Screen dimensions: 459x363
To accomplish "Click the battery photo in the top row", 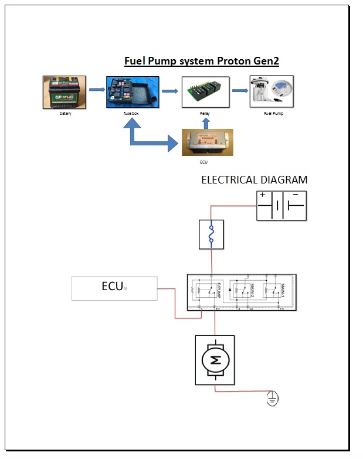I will tap(65, 92).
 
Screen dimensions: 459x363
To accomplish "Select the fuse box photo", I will tap(133, 91).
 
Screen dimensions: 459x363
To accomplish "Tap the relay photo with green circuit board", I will tap(205, 91).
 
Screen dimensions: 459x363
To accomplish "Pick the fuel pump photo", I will tap(272, 91).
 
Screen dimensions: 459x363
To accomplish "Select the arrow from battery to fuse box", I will tap(97, 90).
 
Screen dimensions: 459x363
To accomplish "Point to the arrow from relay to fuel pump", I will tap(239, 90).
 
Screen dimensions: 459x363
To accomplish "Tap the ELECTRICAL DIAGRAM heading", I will tap(254, 180).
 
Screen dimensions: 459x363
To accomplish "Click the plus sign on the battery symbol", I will tap(262, 195).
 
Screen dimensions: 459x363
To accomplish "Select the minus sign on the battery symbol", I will tap(296, 195).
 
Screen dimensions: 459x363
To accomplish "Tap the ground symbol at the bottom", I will tap(272, 399).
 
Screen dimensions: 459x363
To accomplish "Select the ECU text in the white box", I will tap(111, 287).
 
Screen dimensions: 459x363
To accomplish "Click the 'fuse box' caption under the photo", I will tap(131, 114).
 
